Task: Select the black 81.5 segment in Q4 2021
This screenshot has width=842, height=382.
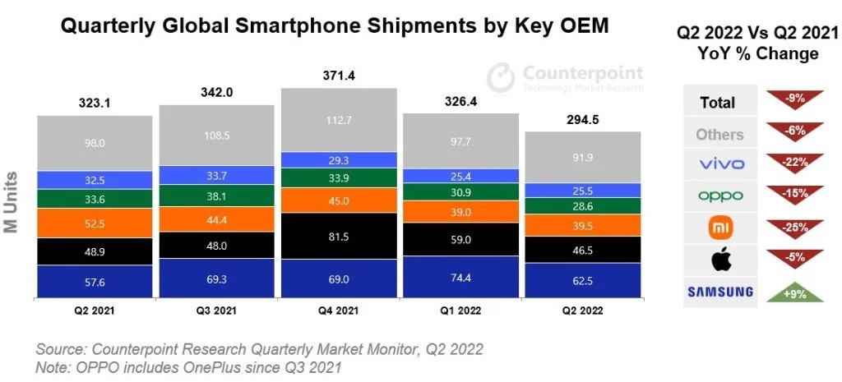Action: (338, 235)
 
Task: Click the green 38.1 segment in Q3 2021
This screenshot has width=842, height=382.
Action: (216, 196)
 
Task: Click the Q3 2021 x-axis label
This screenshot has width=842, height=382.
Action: (216, 311)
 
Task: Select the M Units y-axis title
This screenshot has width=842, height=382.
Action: (13, 203)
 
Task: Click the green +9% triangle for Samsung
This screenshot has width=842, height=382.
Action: (794, 292)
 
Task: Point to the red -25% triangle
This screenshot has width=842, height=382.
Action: (794, 226)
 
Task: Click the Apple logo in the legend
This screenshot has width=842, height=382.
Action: (720, 260)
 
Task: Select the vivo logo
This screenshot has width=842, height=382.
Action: (720, 164)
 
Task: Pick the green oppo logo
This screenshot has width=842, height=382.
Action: (720, 196)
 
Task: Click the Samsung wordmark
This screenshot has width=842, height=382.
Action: (720, 292)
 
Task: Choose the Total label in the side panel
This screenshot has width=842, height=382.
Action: (718, 104)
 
